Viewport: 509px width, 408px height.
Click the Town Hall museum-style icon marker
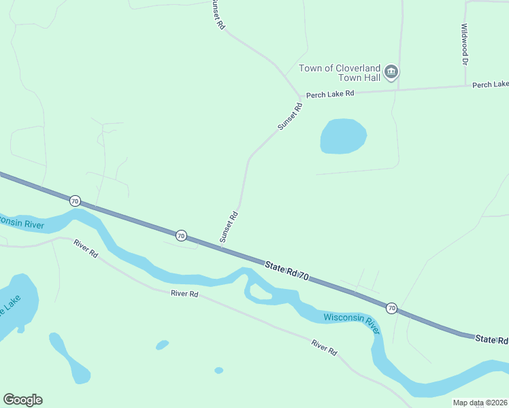pos(391,71)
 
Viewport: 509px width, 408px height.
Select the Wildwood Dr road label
pos(464,45)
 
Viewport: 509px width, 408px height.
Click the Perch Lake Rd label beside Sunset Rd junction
pos(330,95)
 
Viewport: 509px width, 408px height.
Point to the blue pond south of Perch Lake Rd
pos(343,136)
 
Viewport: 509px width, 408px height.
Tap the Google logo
pos(22,400)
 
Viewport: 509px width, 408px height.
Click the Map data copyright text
pos(480,403)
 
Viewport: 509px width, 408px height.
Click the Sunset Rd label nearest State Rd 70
pos(228,227)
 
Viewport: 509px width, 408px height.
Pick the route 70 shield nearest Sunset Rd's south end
pos(180,235)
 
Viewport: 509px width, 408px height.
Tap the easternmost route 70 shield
pos(391,308)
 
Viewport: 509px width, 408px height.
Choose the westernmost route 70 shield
pos(75,201)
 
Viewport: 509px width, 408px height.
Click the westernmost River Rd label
pos(86,249)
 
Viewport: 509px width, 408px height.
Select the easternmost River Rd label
pos(325,347)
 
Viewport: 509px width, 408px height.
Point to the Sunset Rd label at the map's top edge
pos(216,14)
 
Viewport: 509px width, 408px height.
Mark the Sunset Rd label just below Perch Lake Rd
pos(289,116)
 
